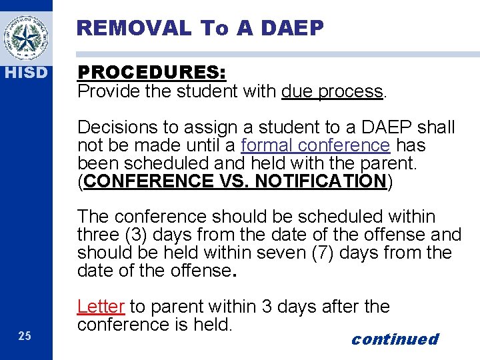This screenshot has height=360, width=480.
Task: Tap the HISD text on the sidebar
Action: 25,72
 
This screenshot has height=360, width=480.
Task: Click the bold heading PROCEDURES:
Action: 152,73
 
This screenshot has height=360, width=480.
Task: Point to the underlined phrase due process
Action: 333,91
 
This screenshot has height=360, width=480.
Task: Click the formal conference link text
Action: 315,145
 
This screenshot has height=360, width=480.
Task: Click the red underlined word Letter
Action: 101,307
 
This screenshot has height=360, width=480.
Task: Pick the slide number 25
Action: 25,336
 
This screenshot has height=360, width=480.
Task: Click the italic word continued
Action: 395,339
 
